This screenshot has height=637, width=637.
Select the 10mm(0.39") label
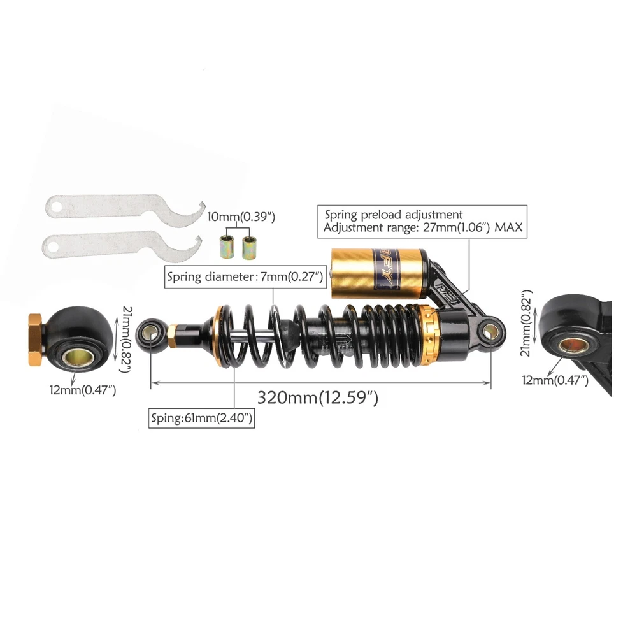pyautogui.click(x=241, y=217)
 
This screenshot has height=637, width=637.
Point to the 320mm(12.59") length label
pyautogui.click(x=318, y=397)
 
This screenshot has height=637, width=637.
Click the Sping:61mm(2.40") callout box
pyautogui.click(x=201, y=418)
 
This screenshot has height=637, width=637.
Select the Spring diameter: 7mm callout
pyautogui.click(x=245, y=277)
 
